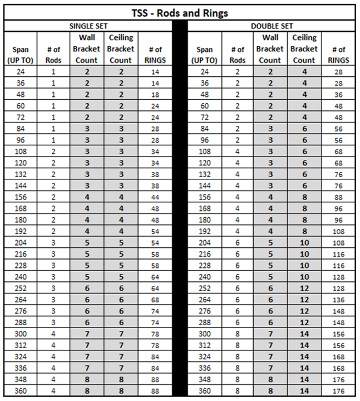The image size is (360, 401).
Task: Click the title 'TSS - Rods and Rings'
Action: (x=180, y=12)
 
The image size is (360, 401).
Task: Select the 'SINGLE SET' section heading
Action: (x=88, y=26)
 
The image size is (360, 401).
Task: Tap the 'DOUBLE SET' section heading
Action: (x=272, y=26)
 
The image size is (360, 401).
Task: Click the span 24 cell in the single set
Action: (x=21, y=71)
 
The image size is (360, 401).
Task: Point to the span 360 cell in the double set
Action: (x=204, y=391)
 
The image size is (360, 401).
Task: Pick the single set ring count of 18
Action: (x=155, y=94)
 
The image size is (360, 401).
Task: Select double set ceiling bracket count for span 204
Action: (x=304, y=243)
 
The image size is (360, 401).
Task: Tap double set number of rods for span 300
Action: (x=238, y=334)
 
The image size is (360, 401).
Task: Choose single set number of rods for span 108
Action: (x=53, y=151)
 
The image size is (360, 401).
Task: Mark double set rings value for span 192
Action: (x=338, y=232)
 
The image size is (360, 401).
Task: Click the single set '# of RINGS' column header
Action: (x=155, y=55)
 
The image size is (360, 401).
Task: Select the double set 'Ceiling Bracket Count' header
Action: (x=304, y=49)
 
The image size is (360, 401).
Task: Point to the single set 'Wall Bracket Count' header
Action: (x=86, y=49)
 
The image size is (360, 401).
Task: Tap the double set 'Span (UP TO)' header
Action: (x=204, y=55)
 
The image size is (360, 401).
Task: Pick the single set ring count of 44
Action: (x=155, y=197)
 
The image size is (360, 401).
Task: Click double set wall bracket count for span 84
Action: (x=270, y=129)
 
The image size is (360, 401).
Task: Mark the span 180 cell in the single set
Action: (x=21, y=220)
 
